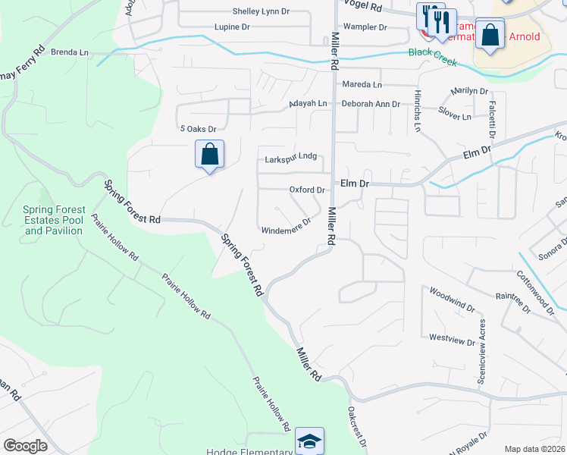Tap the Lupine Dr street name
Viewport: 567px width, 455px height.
(232, 27)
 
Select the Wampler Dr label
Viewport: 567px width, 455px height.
(365, 27)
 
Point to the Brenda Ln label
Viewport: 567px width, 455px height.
(70, 52)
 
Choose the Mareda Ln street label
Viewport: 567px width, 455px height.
(362, 84)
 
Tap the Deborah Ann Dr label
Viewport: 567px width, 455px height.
(371, 103)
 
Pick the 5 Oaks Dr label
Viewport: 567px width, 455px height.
(197, 130)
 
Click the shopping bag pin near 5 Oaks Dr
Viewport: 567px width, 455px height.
(210, 155)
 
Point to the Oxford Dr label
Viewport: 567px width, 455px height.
(307, 190)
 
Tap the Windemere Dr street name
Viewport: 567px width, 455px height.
(286, 226)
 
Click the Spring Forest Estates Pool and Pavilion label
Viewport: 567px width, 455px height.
(52, 220)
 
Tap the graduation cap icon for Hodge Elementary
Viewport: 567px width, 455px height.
(309, 441)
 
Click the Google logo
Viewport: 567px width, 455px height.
(26, 446)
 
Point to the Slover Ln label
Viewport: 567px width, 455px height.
(455, 116)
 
